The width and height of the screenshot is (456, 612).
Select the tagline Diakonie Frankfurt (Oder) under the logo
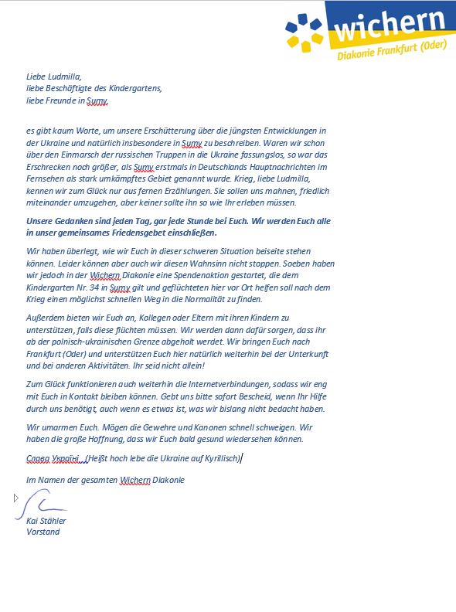(393, 55)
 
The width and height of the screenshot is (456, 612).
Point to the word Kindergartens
(136, 89)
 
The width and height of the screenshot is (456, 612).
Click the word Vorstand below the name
(43, 532)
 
